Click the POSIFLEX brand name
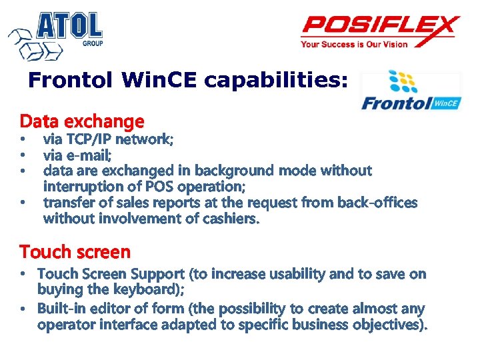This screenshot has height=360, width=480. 380,27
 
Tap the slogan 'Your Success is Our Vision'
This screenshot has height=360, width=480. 354,45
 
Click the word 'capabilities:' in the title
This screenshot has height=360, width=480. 276,81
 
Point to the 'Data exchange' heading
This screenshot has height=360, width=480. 82,121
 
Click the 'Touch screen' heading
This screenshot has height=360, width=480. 75,252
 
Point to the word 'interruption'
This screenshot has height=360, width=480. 83,186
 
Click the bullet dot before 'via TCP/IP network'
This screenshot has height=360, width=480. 23,139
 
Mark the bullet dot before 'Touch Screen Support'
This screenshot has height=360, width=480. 23,274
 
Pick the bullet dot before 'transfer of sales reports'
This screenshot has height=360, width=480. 23,202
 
